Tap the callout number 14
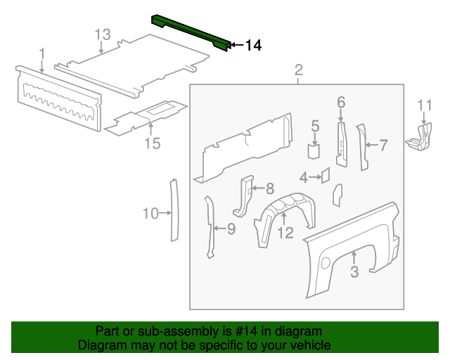click(x=253, y=46)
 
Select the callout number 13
click(x=103, y=34)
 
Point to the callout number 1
click(x=42, y=53)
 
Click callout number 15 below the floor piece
click(x=153, y=143)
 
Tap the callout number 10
click(x=151, y=213)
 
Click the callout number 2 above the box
click(x=298, y=70)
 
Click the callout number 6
click(x=341, y=103)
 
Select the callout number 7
click(x=383, y=146)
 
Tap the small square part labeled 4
click(x=326, y=174)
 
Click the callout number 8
click(x=269, y=188)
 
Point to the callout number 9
click(x=231, y=228)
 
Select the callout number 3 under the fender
click(x=354, y=271)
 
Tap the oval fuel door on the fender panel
click(x=326, y=262)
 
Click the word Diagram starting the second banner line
click(x=100, y=345)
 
